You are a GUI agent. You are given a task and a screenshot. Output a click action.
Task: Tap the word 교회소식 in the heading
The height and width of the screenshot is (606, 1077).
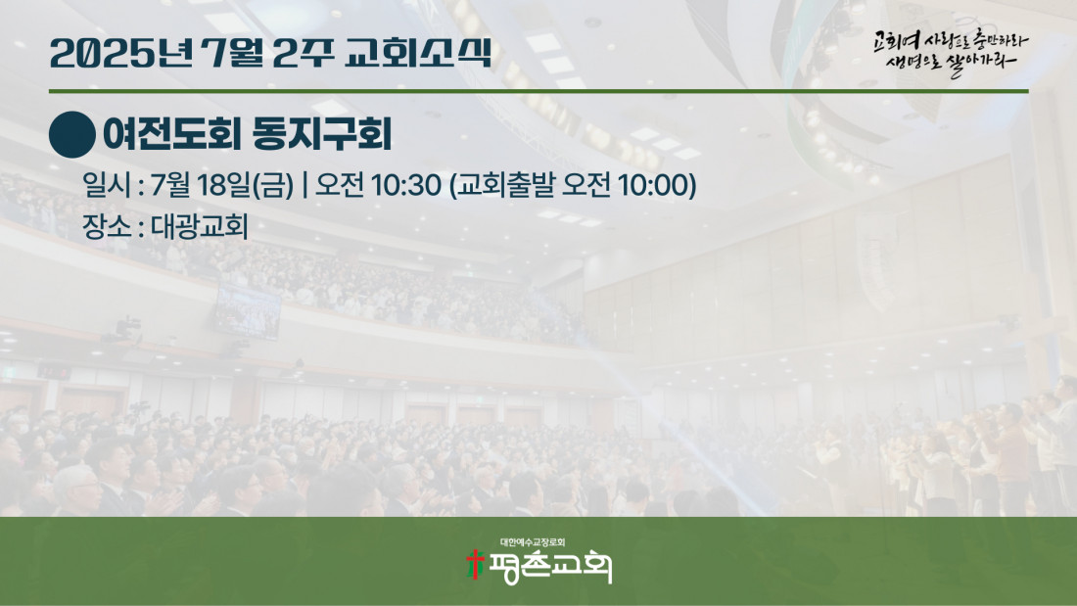[x=419, y=53]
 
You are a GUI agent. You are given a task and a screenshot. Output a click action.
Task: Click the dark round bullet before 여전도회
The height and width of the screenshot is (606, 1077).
[x=72, y=135]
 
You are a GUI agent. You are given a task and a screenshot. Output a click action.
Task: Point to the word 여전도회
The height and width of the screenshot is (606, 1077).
[x=170, y=134]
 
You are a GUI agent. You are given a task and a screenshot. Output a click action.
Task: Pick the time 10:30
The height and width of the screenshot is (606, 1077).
[x=406, y=185]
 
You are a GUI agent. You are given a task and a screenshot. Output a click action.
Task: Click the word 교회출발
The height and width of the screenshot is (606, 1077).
[x=505, y=185]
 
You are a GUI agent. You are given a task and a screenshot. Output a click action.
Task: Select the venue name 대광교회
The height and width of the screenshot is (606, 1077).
[x=200, y=226]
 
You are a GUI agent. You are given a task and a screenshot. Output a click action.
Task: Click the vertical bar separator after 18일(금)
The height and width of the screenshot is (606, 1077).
[x=304, y=185]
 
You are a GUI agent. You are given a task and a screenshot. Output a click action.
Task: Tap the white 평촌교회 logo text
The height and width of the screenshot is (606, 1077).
[x=549, y=568]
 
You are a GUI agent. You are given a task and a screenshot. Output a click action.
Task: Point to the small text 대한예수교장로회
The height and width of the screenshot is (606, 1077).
[x=533, y=542]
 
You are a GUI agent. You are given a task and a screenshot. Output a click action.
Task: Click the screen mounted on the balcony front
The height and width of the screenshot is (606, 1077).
[x=248, y=312]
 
